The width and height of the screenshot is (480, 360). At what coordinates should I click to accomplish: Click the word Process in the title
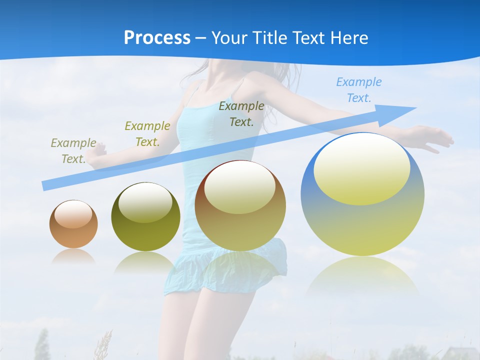click(157, 38)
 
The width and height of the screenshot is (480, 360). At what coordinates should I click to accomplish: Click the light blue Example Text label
click(359, 90)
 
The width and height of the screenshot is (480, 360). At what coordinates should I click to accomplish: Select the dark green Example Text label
click(241, 113)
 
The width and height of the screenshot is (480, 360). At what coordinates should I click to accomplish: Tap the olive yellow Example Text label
click(147, 133)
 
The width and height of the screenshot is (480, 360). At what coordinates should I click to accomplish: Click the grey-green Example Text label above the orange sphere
click(73, 150)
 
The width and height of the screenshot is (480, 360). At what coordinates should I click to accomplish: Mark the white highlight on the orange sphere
click(73, 214)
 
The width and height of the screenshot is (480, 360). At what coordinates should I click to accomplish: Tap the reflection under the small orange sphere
click(73, 256)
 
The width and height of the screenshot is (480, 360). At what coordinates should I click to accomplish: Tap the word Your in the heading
click(228, 38)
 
